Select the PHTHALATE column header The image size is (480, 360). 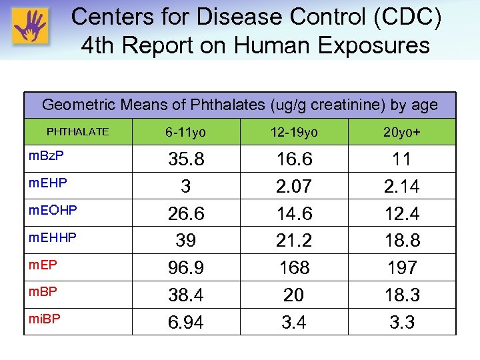click(77, 132)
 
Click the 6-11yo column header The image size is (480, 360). click(186, 133)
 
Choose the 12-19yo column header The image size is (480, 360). click(294, 133)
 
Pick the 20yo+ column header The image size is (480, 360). click(401, 133)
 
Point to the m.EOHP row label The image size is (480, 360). click(53, 210)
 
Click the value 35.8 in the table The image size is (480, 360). click(186, 160)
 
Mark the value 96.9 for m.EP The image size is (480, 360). click(186, 268)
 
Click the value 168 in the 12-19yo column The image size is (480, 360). click(294, 268)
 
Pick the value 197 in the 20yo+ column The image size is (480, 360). click(401, 268)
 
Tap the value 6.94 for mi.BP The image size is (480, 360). click(186, 323)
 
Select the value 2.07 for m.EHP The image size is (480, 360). click(294, 187)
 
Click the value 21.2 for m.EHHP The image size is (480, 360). click(294, 241)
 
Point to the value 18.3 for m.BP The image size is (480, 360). click(401, 295)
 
